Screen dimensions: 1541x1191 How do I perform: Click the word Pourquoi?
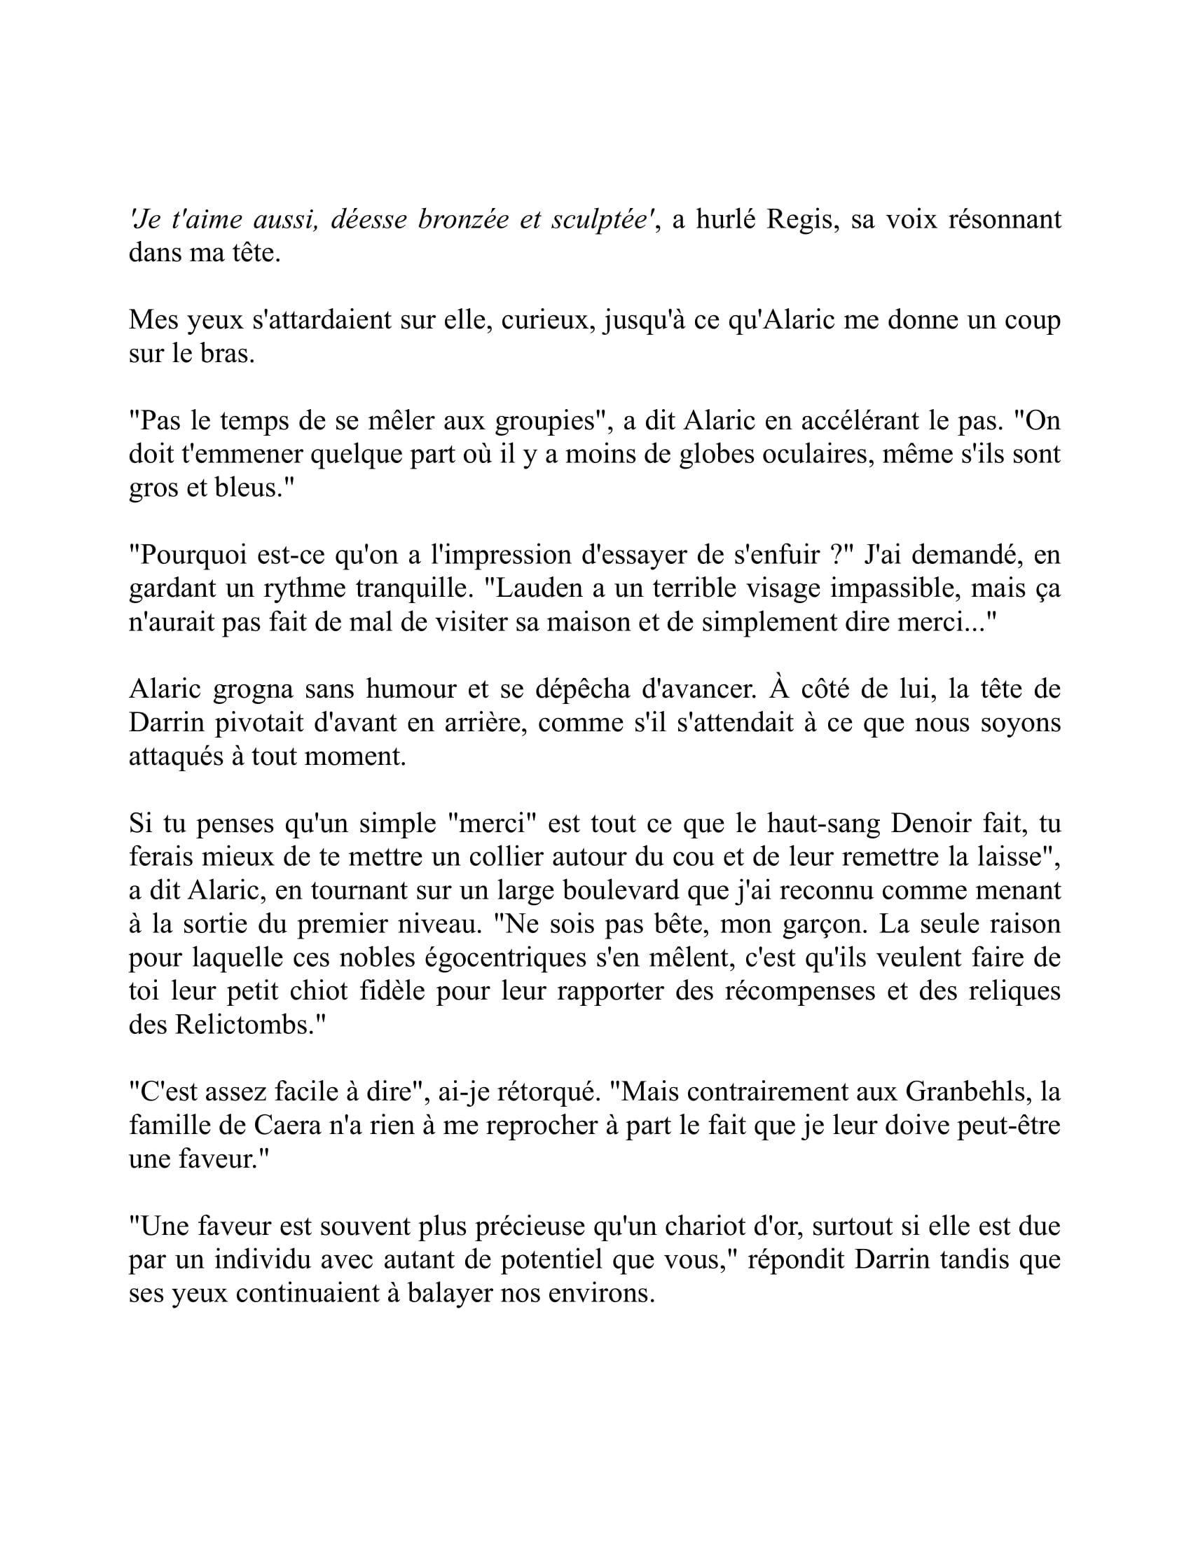click(x=188, y=555)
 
